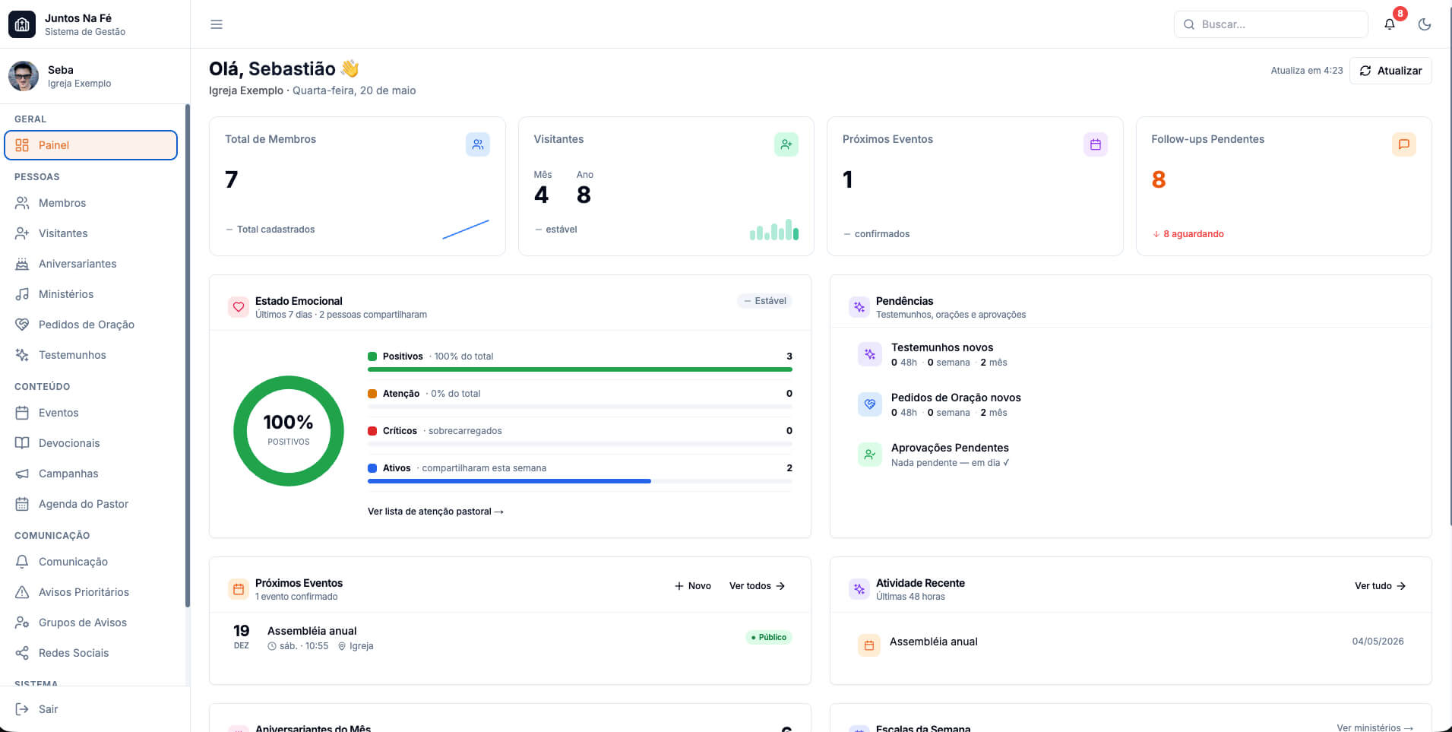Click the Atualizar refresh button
tap(1390, 71)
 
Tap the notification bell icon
tap(1390, 24)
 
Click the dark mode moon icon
tap(1425, 24)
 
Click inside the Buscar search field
tap(1270, 24)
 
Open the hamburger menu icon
tap(217, 24)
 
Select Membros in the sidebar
tap(62, 203)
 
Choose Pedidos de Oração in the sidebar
tap(87, 325)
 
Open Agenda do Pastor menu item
tap(84, 504)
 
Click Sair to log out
tap(48, 709)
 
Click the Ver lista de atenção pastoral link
tap(435, 512)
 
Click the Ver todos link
tap(757, 586)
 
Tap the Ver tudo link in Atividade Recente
tap(1380, 586)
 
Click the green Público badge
tap(769, 637)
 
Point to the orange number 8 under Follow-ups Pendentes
tap(1159, 179)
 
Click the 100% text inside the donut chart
tap(288, 422)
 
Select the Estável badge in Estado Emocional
tap(764, 301)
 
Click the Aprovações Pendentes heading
tap(950, 448)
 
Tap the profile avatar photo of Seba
tap(24, 76)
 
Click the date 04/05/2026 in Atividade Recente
tap(1378, 642)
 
